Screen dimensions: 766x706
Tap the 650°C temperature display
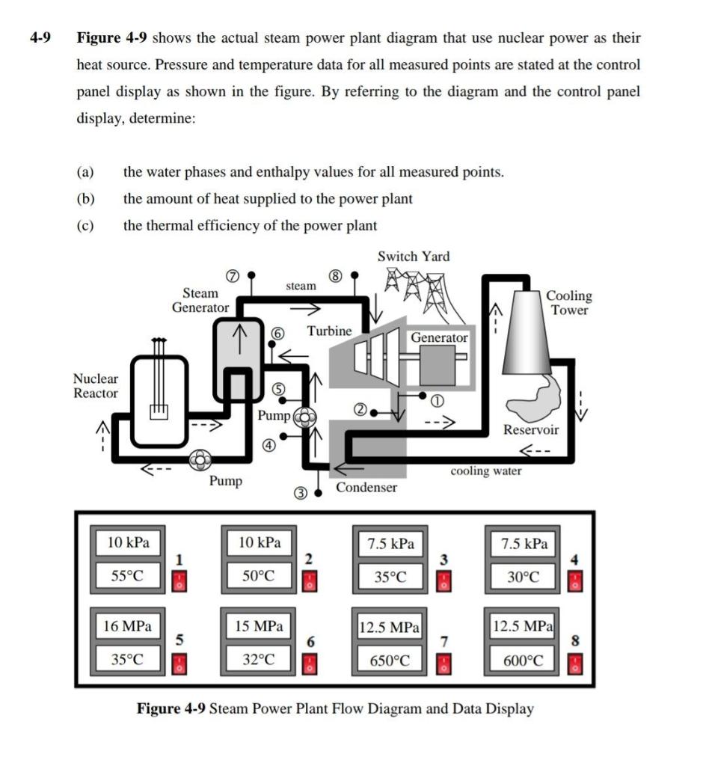(390, 661)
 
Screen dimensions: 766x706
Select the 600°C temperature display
(523, 661)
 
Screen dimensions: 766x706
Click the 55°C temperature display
(127, 576)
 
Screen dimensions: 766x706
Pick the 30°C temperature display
(523, 577)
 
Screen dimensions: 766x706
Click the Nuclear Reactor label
(95, 386)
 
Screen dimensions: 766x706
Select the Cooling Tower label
(569, 303)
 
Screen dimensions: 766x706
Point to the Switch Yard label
(414, 256)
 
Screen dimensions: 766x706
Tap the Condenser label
(366, 488)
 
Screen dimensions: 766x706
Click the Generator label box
(439, 337)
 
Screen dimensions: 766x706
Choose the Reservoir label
(530, 429)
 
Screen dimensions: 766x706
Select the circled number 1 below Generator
(441, 401)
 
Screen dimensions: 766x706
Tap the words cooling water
(486, 471)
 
